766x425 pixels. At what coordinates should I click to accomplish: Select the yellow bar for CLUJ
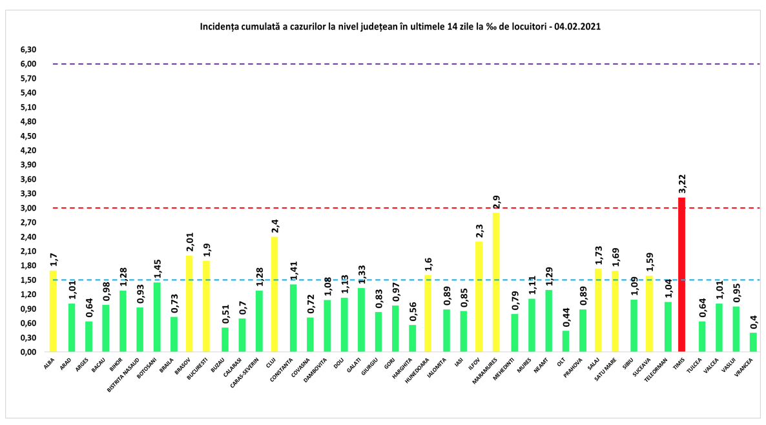point(274,294)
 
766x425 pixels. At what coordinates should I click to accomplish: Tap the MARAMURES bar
point(495,282)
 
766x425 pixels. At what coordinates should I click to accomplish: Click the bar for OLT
point(566,341)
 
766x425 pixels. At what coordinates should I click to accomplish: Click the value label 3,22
point(681,184)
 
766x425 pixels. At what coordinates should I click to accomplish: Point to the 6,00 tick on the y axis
point(28,64)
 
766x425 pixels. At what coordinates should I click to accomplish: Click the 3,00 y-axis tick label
point(28,208)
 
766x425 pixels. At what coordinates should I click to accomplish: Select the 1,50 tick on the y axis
point(28,280)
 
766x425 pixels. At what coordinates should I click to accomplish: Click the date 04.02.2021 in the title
point(585,28)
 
